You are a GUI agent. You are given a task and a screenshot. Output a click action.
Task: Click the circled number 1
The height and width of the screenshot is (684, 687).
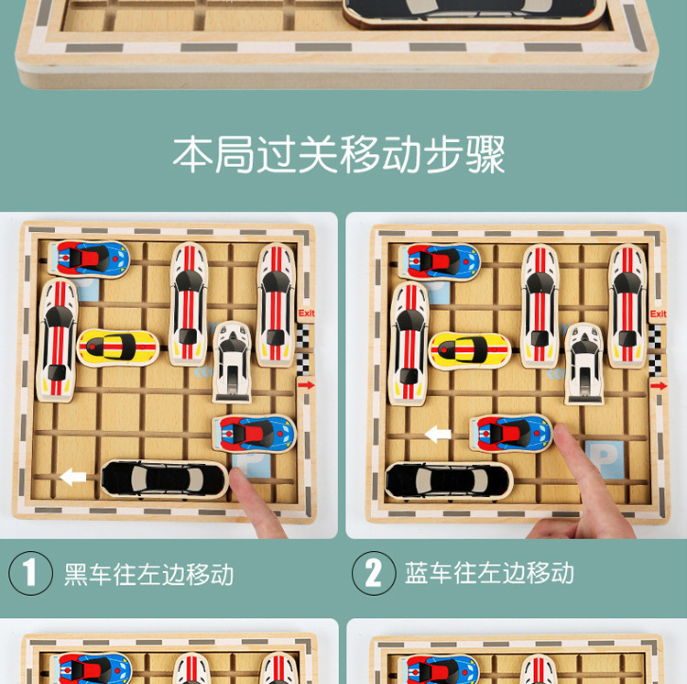click(30, 573)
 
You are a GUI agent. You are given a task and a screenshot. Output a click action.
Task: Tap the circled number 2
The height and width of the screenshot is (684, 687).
click(373, 573)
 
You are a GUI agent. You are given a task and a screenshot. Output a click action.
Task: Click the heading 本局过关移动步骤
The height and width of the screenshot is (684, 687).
click(339, 154)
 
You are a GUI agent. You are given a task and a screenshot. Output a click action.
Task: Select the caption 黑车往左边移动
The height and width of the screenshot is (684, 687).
click(149, 574)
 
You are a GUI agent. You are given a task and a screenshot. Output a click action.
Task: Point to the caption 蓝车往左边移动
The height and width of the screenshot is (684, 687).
click(490, 573)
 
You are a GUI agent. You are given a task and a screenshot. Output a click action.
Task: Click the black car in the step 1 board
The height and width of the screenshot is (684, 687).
click(164, 478)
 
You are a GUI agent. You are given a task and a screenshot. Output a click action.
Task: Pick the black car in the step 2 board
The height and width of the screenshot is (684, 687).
click(448, 480)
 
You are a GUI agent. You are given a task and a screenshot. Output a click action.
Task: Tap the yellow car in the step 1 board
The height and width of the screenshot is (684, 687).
click(118, 347)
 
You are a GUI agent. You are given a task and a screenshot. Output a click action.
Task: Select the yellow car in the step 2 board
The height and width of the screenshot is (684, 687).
click(470, 348)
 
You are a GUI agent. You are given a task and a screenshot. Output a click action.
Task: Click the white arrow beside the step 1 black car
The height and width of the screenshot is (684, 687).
click(72, 477)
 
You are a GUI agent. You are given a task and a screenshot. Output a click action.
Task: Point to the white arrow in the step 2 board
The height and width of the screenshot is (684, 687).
click(438, 434)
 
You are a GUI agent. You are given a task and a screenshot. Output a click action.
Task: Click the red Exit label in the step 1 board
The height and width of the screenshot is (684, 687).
click(306, 314)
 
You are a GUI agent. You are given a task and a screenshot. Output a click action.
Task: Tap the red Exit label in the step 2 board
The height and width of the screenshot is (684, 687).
click(658, 314)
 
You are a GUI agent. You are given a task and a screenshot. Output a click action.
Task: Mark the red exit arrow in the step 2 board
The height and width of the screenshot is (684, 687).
click(659, 386)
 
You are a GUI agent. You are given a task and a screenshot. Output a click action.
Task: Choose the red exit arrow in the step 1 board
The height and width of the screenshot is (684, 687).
click(306, 385)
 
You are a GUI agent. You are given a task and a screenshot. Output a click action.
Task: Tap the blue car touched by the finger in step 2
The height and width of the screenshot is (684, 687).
click(512, 432)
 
